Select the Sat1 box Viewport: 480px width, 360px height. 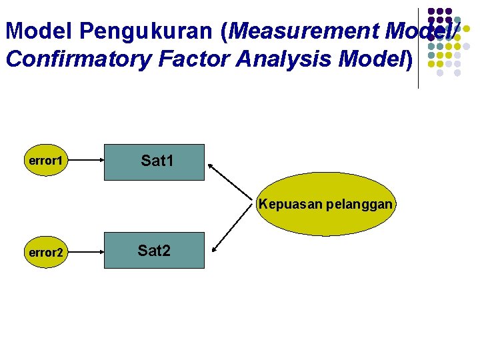pos(154,162)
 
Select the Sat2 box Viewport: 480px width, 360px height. pos(154,250)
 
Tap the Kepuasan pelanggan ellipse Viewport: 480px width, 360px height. pos(326,204)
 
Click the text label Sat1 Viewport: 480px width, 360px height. pos(157,161)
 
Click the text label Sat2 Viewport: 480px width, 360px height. pos(154,251)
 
